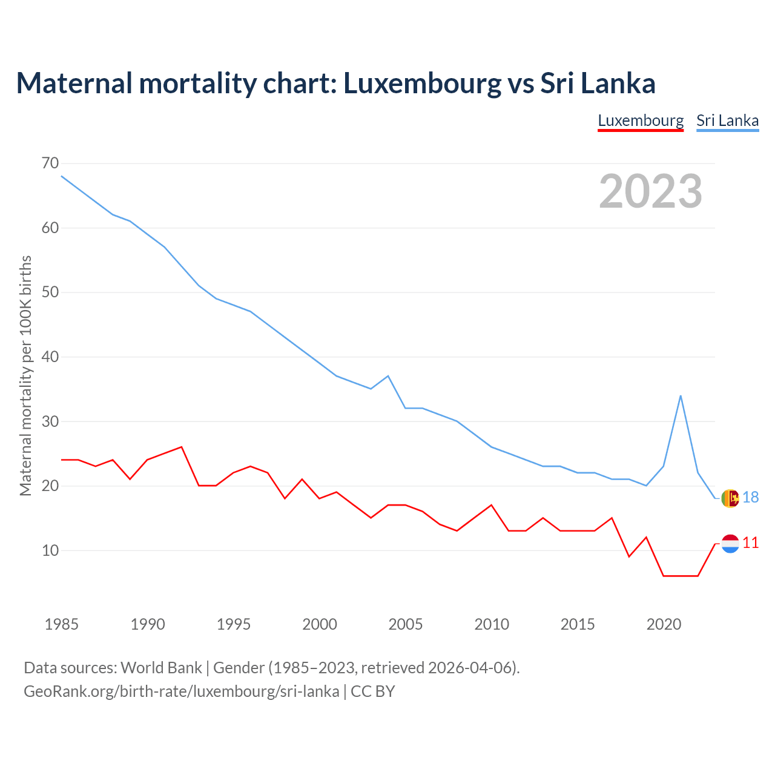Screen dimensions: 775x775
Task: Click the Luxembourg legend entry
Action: (641, 120)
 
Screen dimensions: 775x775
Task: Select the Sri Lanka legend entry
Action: (727, 120)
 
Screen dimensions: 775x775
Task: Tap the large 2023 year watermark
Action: (650, 191)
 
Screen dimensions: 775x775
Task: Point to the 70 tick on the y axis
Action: (50, 163)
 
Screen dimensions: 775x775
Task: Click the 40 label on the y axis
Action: (50, 357)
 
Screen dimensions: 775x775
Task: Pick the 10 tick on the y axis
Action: (50, 551)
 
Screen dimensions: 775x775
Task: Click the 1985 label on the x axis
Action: (62, 624)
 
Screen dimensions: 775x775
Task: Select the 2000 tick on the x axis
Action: (320, 624)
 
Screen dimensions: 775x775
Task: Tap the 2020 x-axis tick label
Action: (664, 624)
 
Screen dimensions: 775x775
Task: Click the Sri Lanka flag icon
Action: (730, 498)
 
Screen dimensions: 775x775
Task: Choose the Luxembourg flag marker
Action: (730, 544)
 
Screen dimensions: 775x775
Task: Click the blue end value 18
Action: (750, 498)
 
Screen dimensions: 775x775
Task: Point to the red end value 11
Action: (750, 543)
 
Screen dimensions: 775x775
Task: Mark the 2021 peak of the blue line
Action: (681, 396)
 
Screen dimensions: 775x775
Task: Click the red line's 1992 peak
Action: (182, 447)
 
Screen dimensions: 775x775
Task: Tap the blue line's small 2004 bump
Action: (388, 376)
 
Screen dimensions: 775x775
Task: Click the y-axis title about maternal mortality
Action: (25, 375)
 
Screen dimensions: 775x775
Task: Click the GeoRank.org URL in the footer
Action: (182, 691)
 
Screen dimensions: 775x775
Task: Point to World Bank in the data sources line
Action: (161, 668)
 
